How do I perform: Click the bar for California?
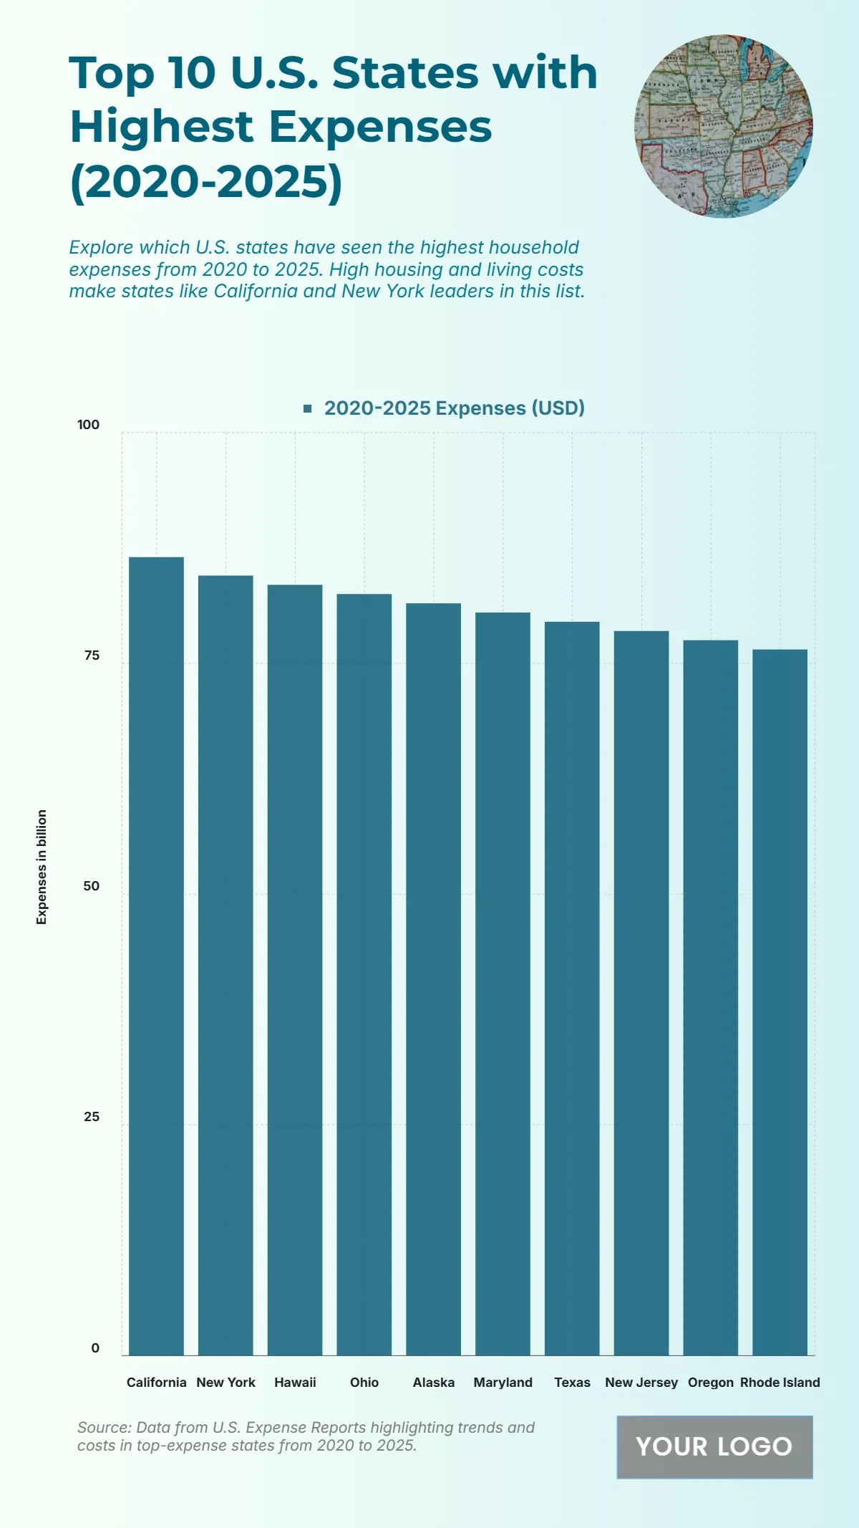pos(156,956)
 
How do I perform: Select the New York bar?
pos(225,965)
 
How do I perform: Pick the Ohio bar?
pos(364,974)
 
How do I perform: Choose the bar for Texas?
pos(572,988)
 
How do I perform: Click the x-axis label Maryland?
pos(503,1382)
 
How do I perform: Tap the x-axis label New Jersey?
pos(641,1382)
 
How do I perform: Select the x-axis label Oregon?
pos(710,1382)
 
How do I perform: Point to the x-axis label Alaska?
pos(433,1382)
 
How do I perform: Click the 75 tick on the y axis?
pos(92,655)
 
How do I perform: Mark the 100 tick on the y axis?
pos(88,424)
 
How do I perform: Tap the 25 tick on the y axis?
pos(92,1116)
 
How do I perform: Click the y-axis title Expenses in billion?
pos(42,866)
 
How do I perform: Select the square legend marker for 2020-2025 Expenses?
pos(308,408)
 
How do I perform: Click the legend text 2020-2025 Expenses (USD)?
pos(454,408)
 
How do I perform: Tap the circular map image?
pos(723,126)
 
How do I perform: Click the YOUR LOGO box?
pos(714,1446)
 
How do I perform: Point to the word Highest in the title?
pos(161,127)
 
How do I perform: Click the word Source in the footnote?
pos(104,1427)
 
